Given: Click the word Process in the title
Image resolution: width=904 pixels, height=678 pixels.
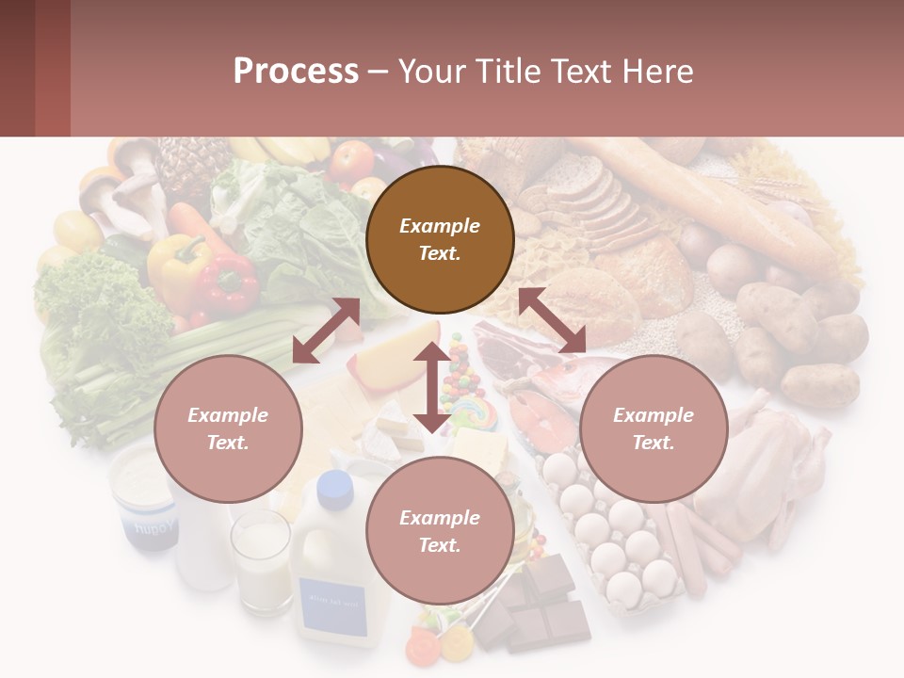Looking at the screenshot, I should [296, 72].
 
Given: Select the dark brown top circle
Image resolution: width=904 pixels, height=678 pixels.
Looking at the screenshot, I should [440, 239].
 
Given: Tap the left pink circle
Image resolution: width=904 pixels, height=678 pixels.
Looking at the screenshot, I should [228, 428].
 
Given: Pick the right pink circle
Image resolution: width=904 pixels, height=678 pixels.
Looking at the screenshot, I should [654, 428].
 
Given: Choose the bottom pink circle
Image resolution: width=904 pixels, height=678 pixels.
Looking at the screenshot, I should [440, 531].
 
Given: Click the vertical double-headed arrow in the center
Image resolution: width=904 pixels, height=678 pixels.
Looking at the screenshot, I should [431, 387].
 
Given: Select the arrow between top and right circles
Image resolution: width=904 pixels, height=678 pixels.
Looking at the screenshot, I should [552, 321].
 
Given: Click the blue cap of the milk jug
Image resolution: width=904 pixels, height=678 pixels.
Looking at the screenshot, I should [334, 486].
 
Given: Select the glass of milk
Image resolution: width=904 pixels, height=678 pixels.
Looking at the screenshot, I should [261, 560].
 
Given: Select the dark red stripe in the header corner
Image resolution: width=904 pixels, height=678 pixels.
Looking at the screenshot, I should [53, 68].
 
